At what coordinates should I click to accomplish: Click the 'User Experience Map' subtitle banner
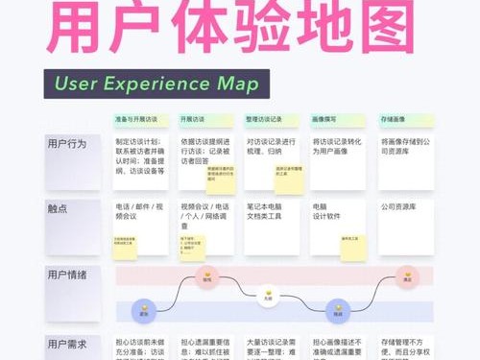coord(156,84)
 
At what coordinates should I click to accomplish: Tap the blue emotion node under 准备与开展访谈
coord(144,311)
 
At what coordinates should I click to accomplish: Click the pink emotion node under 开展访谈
coord(205,279)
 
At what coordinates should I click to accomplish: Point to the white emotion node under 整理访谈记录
coord(270,295)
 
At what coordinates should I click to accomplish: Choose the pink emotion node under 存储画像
coord(407,279)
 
